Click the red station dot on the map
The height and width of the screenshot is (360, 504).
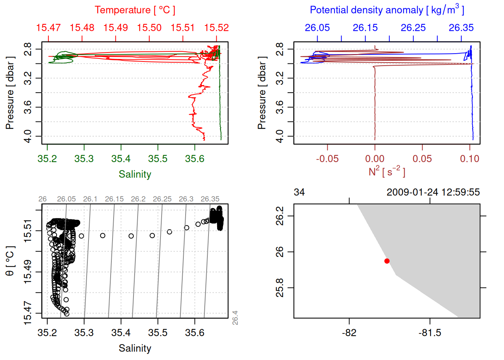(x=387, y=261)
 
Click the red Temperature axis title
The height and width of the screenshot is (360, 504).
(x=135, y=10)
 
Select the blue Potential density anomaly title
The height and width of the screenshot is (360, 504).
(x=387, y=10)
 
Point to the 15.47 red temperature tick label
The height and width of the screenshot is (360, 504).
(x=48, y=28)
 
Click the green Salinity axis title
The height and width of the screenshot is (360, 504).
(x=135, y=174)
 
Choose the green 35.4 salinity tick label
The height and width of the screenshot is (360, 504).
(x=121, y=159)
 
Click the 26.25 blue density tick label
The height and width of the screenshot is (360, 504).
(x=413, y=28)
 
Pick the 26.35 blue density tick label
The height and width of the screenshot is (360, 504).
(x=461, y=28)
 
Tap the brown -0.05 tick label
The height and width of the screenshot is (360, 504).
(x=327, y=159)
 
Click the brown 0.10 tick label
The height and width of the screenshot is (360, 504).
(x=469, y=159)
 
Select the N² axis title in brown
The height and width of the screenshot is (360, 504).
(x=387, y=172)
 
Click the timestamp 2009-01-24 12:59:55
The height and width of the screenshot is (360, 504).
(x=433, y=192)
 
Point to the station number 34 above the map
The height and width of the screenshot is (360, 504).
(x=299, y=192)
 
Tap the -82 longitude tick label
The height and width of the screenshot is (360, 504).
(x=349, y=333)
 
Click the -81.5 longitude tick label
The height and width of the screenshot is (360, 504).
(x=430, y=333)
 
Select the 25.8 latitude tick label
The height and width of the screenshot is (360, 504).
(x=280, y=288)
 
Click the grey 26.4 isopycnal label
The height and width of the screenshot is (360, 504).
(x=235, y=318)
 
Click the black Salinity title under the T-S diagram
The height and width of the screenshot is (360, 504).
(x=135, y=348)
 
